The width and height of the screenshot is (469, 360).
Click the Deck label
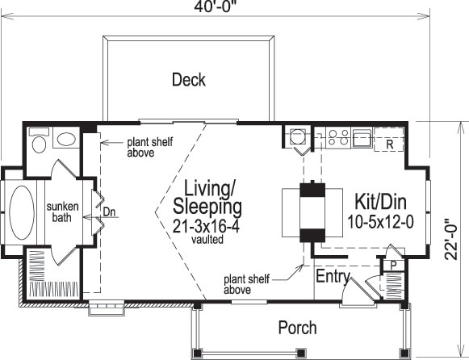point(188,79)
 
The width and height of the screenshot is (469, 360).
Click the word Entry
point(333,278)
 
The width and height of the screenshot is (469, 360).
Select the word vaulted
point(207,241)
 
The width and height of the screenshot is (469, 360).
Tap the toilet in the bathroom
point(36,142)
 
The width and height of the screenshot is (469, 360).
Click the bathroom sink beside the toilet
point(64,140)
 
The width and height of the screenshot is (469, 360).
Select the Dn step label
point(111,212)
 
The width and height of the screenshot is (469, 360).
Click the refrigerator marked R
point(388,144)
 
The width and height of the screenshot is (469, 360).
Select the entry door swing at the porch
point(353,292)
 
